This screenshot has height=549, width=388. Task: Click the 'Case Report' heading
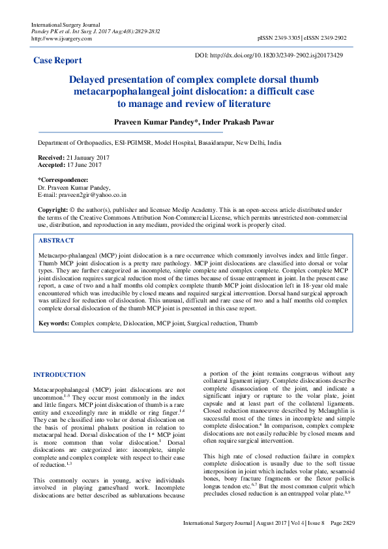click(x=57, y=61)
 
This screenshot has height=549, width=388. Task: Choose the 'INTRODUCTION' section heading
click(x=59, y=374)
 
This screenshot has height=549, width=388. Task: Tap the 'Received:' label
click(x=51, y=158)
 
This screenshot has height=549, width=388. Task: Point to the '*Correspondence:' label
click(x=63, y=179)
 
